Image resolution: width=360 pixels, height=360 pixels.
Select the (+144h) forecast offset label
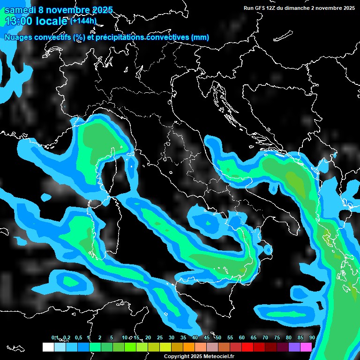tap(83, 21)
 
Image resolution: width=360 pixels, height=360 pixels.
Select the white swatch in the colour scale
tap(48, 347)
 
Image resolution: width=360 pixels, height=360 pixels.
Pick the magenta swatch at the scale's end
tap(306, 347)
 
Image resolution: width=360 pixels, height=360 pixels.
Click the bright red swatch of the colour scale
tap(247, 347)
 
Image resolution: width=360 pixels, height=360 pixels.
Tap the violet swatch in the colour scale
tap(294, 347)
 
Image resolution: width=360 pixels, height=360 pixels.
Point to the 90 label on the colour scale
tap(312, 338)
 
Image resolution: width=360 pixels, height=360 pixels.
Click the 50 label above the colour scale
tap(218, 338)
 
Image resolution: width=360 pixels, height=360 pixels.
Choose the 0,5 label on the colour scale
tap(77, 338)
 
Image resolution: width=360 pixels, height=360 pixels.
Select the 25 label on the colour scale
tap(159, 338)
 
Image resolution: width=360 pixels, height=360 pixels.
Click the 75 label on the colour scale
tap(277, 338)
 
